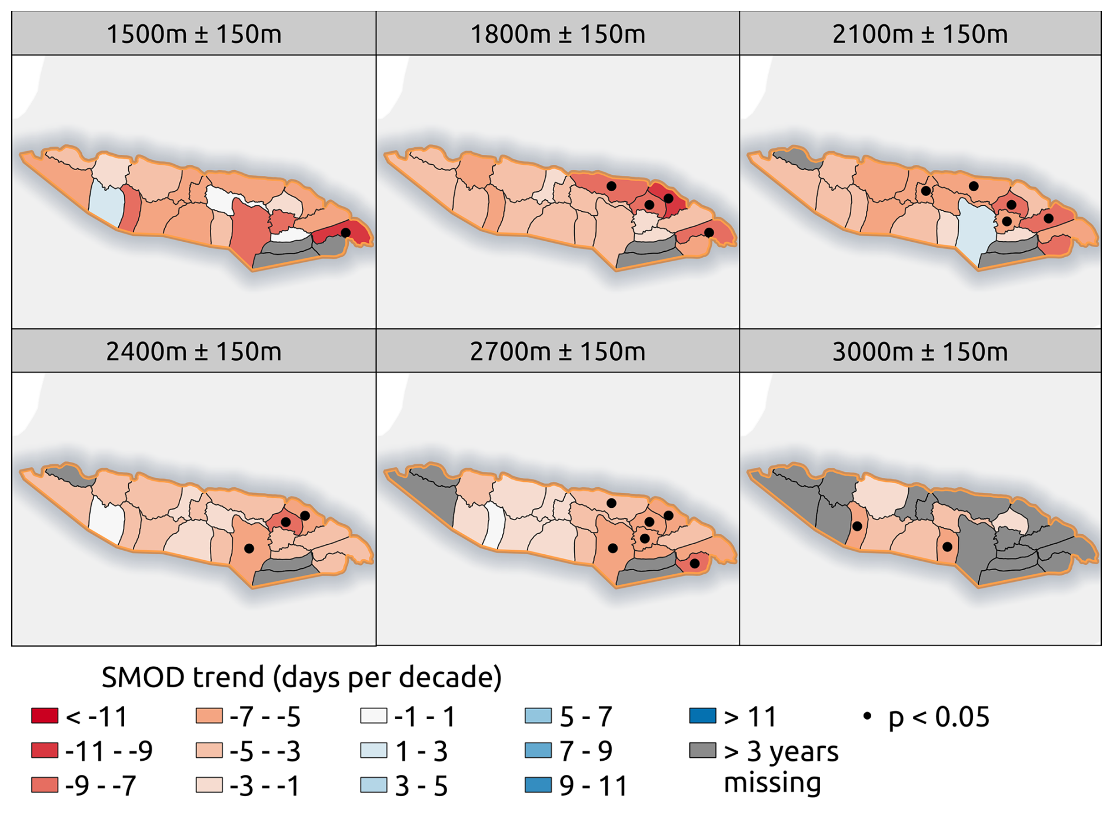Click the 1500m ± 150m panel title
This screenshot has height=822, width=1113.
pos(194,34)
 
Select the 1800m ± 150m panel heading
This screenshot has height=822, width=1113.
pos(557,34)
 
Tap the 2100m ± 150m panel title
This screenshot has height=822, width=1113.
pos(920,34)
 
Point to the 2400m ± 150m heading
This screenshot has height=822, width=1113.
pos(194,351)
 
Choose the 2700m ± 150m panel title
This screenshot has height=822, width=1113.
pos(557,351)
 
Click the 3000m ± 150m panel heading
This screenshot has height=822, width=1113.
pos(920,351)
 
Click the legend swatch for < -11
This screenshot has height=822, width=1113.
pos(45,715)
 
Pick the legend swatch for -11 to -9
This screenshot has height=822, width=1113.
pos(45,750)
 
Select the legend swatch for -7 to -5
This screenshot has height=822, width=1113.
pos(209,715)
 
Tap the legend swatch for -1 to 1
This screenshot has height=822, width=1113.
pos(374,715)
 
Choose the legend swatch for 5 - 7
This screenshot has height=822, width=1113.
pos(538,715)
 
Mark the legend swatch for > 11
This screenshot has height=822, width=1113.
pos(703,715)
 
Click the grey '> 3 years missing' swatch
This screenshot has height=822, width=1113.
pos(703,750)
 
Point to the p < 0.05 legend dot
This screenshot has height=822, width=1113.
pos(867,716)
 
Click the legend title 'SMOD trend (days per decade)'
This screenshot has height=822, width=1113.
pos(302,677)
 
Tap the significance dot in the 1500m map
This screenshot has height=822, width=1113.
pos(346,232)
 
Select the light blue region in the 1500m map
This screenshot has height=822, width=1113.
pos(106,203)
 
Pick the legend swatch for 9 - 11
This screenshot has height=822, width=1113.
pos(538,785)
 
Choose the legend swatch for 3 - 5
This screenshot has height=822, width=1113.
pos(374,785)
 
